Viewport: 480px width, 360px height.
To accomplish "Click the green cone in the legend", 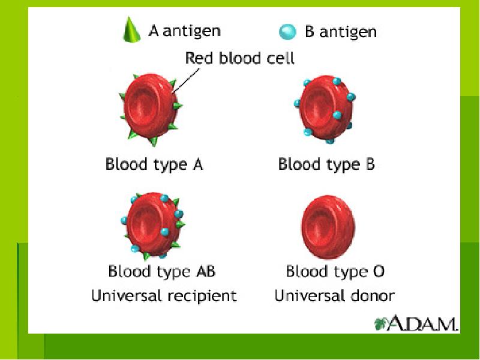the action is [x=131, y=30].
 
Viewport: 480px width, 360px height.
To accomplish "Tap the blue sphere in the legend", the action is [x=288, y=32].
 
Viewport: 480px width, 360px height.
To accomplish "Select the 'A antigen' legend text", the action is [x=184, y=31].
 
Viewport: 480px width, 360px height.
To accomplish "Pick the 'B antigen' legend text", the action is [x=341, y=32].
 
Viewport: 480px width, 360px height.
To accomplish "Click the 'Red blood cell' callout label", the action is [x=239, y=58].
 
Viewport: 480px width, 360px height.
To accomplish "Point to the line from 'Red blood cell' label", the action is [x=186, y=80].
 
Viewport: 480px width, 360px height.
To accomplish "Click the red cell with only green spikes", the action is [x=151, y=109].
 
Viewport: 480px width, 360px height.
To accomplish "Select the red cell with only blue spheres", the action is [x=325, y=109].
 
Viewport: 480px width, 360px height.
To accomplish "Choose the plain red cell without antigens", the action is [x=328, y=227].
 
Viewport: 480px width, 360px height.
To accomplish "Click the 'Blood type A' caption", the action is [x=154, y=164].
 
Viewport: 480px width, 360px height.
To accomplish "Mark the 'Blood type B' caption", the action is [x=326, y=164].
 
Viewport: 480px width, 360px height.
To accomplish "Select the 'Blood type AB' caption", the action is [x=161, y=271].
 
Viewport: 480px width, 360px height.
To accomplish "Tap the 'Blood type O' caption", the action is [x=335, y=271].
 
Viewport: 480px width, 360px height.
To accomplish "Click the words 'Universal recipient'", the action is [x=164, y=296].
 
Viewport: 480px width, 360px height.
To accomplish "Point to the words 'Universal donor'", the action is [x=334, y=296].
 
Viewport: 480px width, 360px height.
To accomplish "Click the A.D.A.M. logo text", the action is [x=423, y=323].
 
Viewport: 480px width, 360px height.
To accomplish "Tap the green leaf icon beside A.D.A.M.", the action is [x=380, y=324].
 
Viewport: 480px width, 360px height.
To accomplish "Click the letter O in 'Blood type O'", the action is [x=379, y=271].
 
